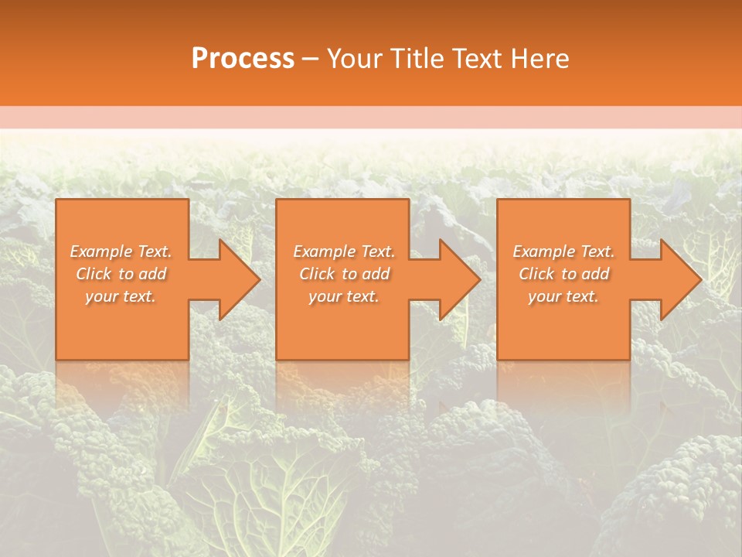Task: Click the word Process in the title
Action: (243, 59)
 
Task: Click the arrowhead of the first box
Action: (237, 279)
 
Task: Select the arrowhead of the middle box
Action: (457, 279)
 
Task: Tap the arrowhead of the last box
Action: (678, 279)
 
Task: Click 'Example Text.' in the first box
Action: (121, 251)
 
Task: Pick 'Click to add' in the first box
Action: (121, 274)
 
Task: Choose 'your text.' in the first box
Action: (121, 296)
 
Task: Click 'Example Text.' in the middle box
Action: (343, 251)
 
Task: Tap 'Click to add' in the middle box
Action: (343, 274)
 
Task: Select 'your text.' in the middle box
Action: (343, 296)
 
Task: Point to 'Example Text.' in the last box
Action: (563, 251)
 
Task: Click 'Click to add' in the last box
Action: (563, 274)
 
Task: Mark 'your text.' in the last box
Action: (563, 296)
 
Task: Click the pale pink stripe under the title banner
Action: (371, 118)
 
